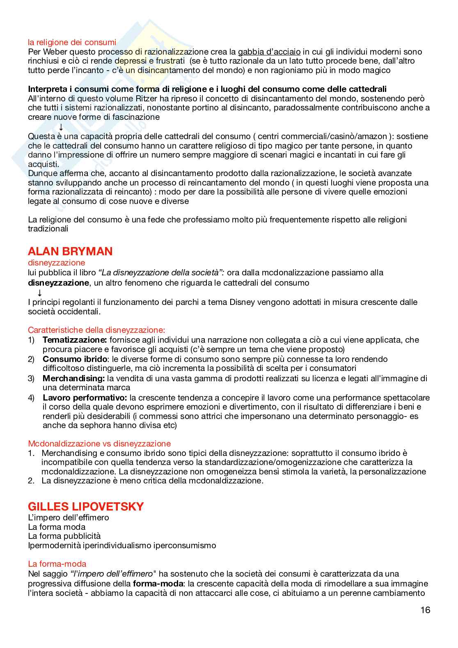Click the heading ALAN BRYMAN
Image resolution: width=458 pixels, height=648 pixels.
[70, 251]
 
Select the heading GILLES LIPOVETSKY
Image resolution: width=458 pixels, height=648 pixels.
[86, 506]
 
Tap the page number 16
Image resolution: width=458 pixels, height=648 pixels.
[425, 610]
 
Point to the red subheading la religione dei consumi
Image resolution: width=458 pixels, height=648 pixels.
[72, 42]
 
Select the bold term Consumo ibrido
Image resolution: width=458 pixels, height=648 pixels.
[71, 359]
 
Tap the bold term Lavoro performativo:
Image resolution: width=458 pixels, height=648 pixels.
[85, 398]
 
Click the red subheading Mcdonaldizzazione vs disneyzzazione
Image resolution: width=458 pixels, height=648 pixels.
[99, 444]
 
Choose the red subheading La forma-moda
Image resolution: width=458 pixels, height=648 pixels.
[57, 564]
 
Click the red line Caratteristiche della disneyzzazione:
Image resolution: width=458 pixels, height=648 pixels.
[96, 330]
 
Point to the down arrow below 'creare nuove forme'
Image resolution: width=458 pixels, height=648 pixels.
[61, 127]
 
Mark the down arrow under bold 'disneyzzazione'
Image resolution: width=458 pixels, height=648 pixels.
[40, 293]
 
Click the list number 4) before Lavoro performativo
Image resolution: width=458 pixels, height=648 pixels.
[32, 398]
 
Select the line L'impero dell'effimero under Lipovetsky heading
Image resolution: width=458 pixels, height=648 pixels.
[69, 517]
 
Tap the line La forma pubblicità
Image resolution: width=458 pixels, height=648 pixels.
[64, 536]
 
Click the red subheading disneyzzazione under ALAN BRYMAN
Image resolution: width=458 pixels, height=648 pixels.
[57, 263]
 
